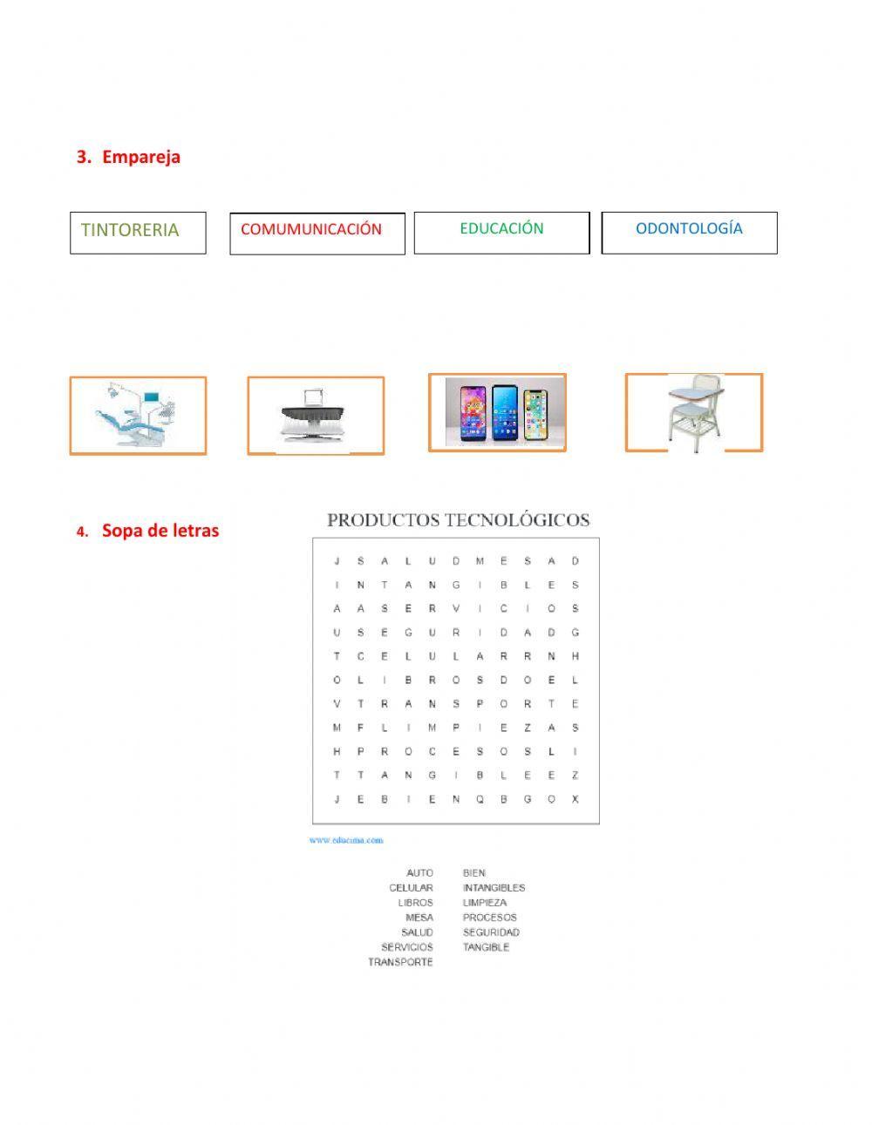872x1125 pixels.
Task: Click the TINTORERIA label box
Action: (x=138, y=232)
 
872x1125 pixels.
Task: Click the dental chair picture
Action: (x=138, y=416)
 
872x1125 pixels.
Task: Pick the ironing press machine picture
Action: (x=316, y=416)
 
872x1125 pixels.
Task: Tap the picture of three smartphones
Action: (x=497, y=412)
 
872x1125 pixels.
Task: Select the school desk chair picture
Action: (x=694, y=412)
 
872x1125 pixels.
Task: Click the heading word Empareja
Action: (x=141, y=157)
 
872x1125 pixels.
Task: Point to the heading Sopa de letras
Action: (x=160, y=530)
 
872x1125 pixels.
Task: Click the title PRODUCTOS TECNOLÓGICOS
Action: (x=458, y=520)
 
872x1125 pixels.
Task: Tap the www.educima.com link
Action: (x=345, y=840)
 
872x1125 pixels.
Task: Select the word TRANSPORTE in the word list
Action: (x=400, y=962)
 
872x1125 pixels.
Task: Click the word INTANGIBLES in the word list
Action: (x=494, y=888)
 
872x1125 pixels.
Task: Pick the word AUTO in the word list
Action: (x=419, y=872)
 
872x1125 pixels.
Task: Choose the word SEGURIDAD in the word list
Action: (x=491, y=932)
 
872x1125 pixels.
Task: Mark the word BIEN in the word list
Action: (x=474, y=872)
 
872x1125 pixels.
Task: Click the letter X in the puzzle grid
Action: (x=576, y=799)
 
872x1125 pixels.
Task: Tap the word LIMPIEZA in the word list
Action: (x=484, y=903)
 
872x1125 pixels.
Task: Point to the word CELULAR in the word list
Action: (x=411, y=888)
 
